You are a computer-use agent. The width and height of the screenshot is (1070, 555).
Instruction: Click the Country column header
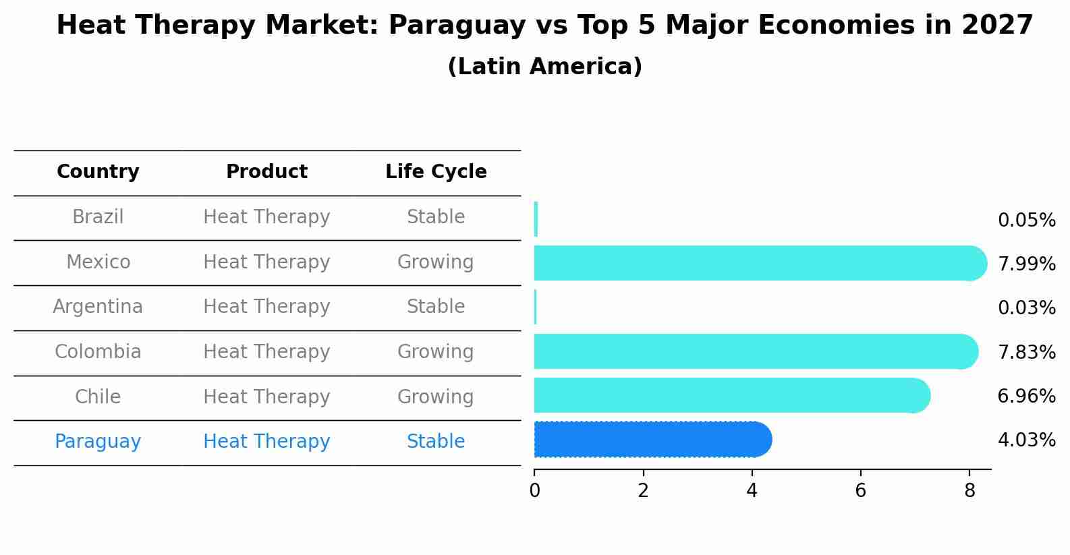[98, 172]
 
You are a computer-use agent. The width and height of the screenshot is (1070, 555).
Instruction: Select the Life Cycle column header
[436, 172]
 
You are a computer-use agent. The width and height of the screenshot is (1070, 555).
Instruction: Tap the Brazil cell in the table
[98, 217]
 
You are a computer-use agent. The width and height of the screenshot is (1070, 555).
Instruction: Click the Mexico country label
[98, 262]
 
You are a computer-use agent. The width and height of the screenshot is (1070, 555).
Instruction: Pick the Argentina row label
[98, 307]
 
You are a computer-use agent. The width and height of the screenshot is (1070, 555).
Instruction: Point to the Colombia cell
[98, 352]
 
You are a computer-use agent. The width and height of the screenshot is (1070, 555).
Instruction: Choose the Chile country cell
[98, 397]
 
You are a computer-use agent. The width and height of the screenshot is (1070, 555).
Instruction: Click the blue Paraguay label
[98, 442]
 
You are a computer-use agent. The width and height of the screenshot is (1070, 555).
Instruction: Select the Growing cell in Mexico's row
[436, 262]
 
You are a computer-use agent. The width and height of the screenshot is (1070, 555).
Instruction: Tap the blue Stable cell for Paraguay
[436, 442]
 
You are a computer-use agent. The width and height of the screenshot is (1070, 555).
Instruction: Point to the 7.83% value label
[1026, 353]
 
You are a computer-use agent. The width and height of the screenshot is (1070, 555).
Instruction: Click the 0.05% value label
[1026, 221]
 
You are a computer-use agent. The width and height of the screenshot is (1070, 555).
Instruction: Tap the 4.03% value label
[1026, 440]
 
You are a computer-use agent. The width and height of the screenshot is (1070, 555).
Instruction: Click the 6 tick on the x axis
[860, 491]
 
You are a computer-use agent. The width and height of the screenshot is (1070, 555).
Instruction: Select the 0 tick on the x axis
[534, 491]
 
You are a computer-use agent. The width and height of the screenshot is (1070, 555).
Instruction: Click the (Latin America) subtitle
[544, 67]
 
